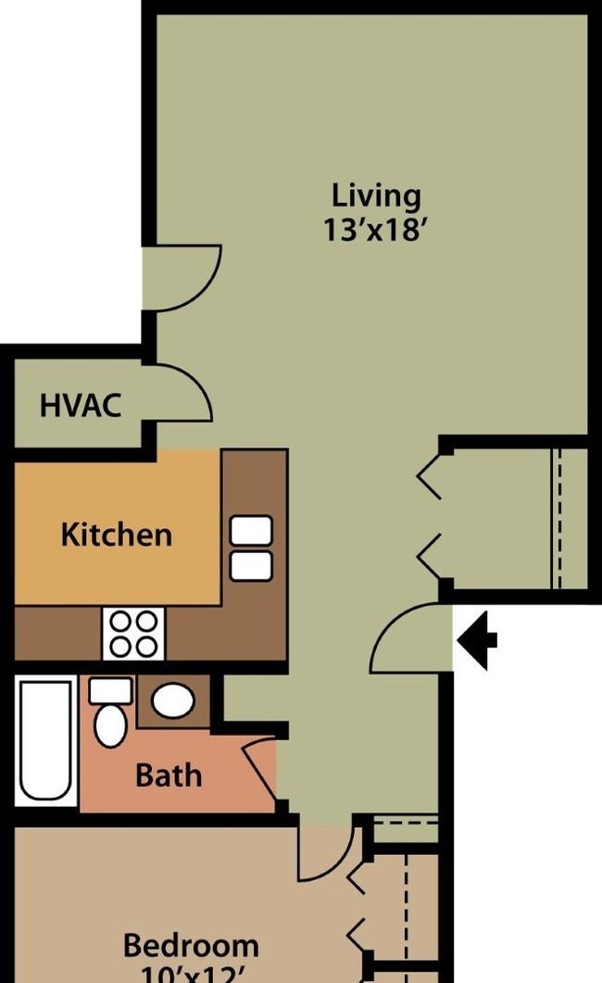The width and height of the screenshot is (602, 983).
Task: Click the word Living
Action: point(376,195)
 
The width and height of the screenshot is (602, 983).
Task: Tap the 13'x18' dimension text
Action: point(376,228)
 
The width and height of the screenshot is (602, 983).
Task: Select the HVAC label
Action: point(81,405)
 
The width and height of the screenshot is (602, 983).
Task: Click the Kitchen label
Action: point(116,535)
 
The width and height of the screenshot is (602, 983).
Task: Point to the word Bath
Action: point(169,775)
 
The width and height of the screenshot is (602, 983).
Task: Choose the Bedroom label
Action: point(191,946)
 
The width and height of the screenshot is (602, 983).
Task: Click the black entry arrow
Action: point(478,638)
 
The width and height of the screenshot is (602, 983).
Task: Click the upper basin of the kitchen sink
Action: point(251,530)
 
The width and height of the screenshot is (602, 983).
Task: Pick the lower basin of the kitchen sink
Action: point(251,565)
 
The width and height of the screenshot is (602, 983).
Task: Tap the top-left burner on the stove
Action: point(121,623)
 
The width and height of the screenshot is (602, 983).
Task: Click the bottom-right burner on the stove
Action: point(148,646)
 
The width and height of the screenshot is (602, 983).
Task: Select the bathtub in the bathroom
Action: point(45,741)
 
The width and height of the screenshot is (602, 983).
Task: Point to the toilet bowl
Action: point(109,724)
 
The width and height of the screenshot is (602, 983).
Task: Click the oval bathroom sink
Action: point(172,700)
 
